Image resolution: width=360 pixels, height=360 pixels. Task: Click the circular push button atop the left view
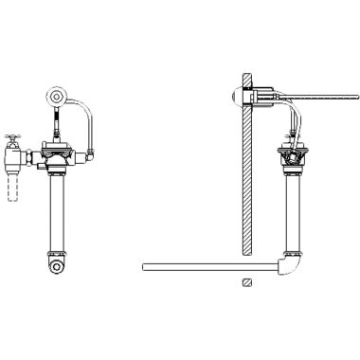point(58,98)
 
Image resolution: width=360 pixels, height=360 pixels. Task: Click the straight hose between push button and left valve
point(58,121)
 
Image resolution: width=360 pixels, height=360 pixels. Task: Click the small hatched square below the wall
point(245,282)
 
